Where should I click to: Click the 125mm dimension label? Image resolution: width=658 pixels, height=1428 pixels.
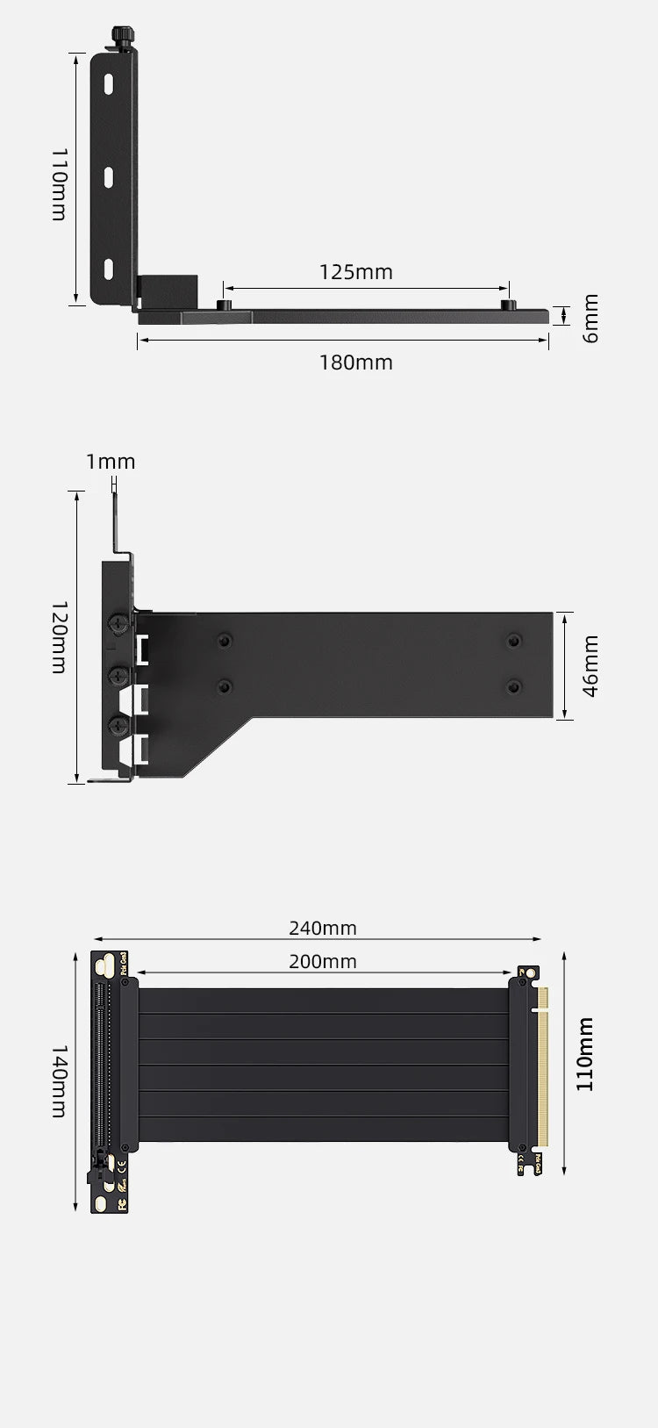click(355, 272)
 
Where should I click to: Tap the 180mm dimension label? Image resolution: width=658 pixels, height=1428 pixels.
click(355, 362)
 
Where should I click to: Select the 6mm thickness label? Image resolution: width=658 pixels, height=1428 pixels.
click(590, 319)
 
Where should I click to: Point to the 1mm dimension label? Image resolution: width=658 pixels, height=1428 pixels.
click(111, 462)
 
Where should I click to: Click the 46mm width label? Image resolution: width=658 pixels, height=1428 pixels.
click(590, 666)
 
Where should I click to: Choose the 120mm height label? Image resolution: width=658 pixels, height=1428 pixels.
click(59, 637)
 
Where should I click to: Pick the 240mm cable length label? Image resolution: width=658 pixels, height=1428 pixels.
click(322, 929)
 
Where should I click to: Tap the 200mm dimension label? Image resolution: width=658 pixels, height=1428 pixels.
click(322, 962)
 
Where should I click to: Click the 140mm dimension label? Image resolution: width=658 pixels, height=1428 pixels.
click(59, 1080)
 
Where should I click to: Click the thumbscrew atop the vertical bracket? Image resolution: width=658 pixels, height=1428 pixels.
click(123, 38)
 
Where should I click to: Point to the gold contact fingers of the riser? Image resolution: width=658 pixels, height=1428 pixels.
click(541, 1067)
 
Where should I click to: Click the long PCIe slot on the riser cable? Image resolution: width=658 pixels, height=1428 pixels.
click(99, 1066)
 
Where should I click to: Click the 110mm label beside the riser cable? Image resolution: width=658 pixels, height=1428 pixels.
click(585, 1054)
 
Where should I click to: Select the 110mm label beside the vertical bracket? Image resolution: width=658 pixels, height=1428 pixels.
click(59, 183)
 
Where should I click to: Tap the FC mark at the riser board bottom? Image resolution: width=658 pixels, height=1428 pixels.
click(122, 1204)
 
